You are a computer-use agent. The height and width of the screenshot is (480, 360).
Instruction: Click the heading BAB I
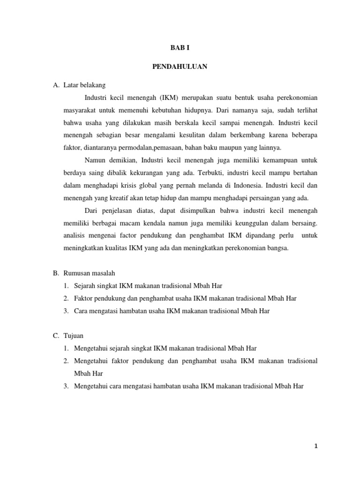pos(180,48)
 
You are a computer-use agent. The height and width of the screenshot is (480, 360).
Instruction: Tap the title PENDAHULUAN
pos(180,67)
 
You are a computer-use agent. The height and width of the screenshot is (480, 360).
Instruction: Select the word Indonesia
pos(231,186)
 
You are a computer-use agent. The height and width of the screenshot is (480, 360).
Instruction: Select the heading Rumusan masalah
pos(95,273)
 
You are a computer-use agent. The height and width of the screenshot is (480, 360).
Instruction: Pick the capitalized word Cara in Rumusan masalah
pos(81,310)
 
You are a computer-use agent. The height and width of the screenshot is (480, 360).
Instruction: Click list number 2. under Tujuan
pos(67,361)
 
